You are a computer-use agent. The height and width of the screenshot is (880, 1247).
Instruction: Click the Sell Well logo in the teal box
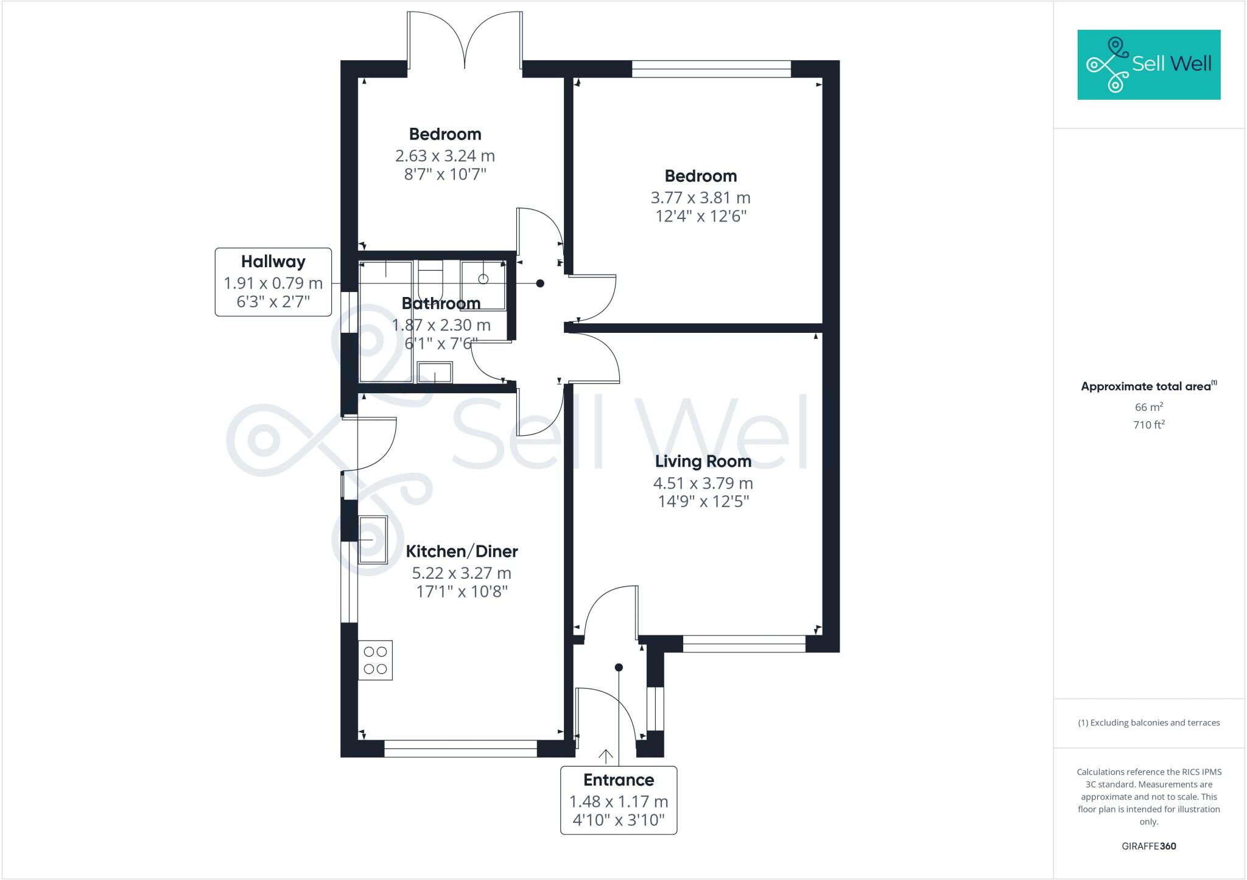pos(1148,65)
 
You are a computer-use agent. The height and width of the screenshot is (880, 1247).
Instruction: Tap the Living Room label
pos(703,461)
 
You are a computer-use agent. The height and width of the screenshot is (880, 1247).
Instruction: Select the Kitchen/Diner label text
pos(462,551)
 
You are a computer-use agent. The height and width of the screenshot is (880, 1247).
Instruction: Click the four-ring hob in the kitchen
pos(375,660)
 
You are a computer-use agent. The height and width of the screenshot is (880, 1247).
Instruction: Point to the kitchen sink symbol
pos(373,540)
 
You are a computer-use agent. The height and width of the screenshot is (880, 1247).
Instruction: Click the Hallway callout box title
pos(273,262)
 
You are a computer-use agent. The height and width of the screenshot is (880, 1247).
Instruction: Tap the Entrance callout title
pos(619,780)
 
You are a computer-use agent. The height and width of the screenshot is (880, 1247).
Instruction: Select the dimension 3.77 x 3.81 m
pos(700,198)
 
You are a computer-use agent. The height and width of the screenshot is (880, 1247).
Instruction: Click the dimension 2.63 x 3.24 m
pos(444,156)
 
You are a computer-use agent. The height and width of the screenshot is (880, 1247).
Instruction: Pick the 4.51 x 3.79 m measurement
pos(703,483)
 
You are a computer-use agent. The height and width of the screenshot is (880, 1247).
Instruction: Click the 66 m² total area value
pos(1148,407)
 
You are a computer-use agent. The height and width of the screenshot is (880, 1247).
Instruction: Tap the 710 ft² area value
pos(1148,425)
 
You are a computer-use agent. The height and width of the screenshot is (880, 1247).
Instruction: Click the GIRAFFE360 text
pos(1148,846)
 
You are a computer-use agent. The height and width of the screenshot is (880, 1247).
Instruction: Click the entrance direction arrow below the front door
pos(605,756)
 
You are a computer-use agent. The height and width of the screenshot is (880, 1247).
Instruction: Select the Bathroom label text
pos(441,303)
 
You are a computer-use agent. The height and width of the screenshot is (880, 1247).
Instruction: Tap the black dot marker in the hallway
pos(539,284)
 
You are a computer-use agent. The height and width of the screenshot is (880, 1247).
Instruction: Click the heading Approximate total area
pos(1145,386)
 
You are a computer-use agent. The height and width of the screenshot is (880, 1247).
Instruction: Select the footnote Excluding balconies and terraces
pos(1148,723)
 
